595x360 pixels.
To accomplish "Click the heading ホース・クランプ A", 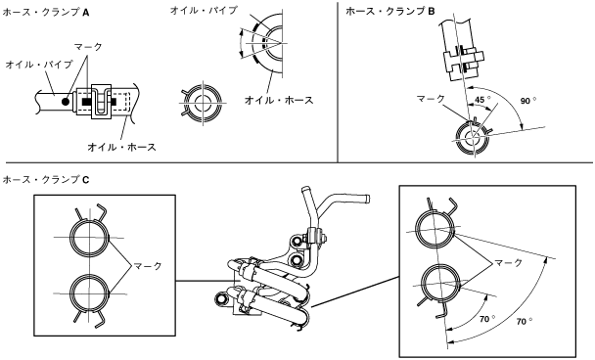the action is [46, 13].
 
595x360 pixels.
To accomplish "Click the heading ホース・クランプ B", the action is [390, 12].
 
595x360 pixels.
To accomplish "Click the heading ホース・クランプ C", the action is [46, 179].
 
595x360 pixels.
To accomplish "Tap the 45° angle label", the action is [482, 100].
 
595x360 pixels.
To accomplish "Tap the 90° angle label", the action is [528, 101].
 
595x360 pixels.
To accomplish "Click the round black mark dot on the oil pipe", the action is [66, 102].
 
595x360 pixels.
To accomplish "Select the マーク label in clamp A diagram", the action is [88, 47].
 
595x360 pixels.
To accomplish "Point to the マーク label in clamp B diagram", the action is [431, 99].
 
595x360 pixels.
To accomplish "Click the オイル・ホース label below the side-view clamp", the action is [121, 147].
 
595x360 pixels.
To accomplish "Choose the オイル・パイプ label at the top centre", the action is [205, 10].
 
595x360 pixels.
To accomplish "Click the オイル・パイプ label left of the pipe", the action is [39, 65].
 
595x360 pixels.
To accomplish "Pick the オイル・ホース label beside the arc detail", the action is [279, 100].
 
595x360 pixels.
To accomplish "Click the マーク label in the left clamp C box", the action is [148, 266].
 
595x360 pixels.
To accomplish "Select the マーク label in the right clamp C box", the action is [509, 262].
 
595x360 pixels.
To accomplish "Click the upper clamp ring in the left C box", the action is [69, 237].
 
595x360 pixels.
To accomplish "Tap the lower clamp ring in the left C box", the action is [69, 293].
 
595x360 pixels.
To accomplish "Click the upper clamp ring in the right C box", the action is [417, 230].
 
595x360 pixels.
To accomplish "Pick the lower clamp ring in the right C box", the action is [422, 284].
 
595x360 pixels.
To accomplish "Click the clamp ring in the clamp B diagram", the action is [457, 138].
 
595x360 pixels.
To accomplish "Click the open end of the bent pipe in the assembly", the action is [367, 199].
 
